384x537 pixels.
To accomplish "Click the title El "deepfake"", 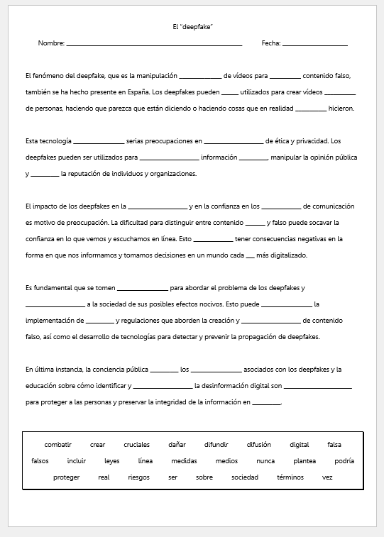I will pyautogui.click(x=192, y=27).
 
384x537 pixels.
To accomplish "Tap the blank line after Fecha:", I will pyautogui.click(x=315, y=44).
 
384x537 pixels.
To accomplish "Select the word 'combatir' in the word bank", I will pyautogui.click(x=58, y=445).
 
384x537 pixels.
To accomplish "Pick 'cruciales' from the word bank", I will pyautogui.click(x=136, y=445).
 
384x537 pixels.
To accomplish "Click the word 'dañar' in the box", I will pyautogui.click(x=177, y=445).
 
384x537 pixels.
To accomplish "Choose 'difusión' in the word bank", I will pyautogui.click(x=258, y=445).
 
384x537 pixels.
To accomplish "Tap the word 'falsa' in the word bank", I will pyautogui.click(x=334, y=445).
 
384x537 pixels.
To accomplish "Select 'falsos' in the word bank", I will pyautogui.click(x=40, y=461).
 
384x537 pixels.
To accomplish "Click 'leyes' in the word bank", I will pyautogui.click(x=112, y=461).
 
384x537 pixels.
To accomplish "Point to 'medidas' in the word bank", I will pyautogui.click(x=184, y=461).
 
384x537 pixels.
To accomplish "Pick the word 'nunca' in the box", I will pyautogui.click(x=265, y=461).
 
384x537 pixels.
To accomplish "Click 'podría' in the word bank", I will pyautogui.click(x=344, y=461).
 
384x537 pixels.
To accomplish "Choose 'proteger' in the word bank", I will pyautogui.click(x=67, y=477).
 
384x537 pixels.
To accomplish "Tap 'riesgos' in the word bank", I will pyautogui.click(x=139, y=477).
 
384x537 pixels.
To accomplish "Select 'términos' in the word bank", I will pyautogui.click(x=290, y=477).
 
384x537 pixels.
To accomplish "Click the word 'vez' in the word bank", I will pyautogui.click(x=327, y=477).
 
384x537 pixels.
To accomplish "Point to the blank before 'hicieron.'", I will pyautogui.click(x=311, y=109).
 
